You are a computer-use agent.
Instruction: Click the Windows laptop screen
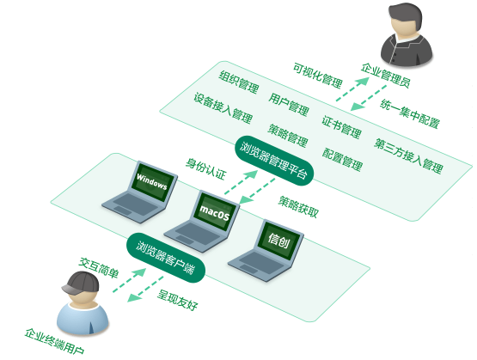pos(153,181)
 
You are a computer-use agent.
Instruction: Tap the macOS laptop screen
pos(216,211)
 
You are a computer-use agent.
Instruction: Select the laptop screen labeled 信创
pos(279,240)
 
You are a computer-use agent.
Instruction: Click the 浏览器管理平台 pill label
pos(274,160)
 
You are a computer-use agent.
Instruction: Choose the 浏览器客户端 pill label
pos(166,258)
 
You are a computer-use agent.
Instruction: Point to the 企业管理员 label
pos(386,75)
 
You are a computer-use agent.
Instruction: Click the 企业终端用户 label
pos(54,341)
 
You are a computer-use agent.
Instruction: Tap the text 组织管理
pos(239,82)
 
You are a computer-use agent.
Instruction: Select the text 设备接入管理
pos(223,108)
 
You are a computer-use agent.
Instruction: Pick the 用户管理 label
pos(289,104)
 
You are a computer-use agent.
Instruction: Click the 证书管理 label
pos(341,127)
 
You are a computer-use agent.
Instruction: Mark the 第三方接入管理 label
pos(408,156)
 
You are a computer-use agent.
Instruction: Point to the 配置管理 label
pos(343,159)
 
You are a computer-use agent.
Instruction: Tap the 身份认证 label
pos(206,168)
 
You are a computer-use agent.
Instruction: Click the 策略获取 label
pos(299,207)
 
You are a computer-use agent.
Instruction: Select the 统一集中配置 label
pos(410,113)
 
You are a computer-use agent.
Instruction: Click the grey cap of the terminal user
pos(81,283)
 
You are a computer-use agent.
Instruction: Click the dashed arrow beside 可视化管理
pos(352,89)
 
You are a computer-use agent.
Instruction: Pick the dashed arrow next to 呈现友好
pos(145,289)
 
